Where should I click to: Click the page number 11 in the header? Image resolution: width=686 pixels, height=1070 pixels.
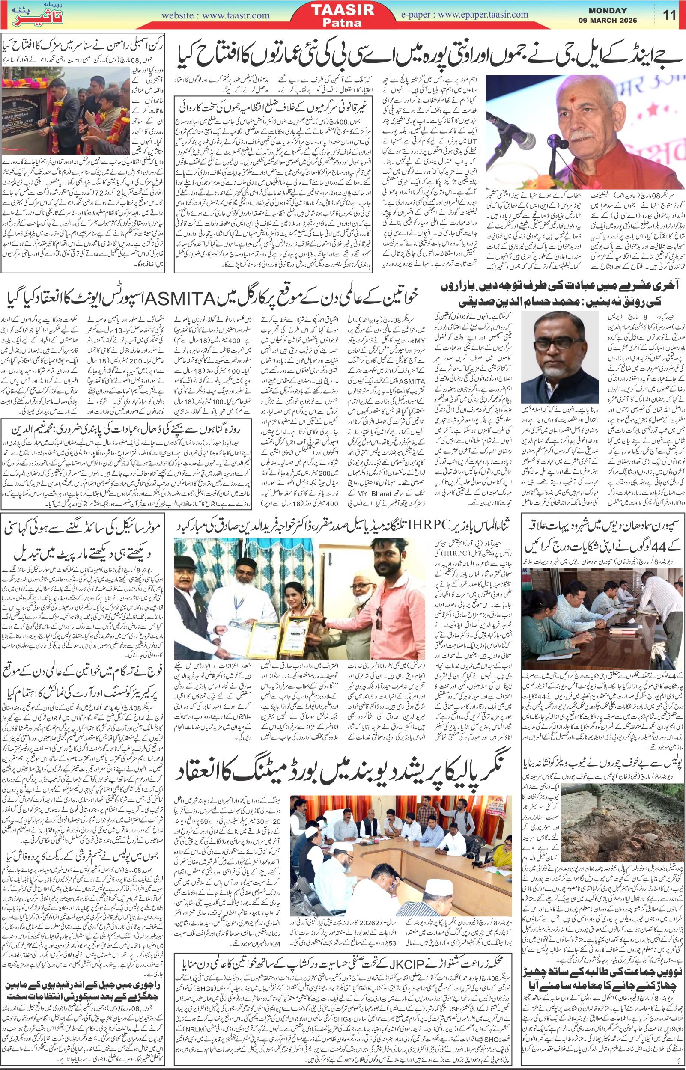click(x=670, y=15)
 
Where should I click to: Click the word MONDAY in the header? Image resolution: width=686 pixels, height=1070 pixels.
click(x=608, y=11)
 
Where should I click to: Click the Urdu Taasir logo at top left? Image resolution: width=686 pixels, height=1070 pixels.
click(x=31, y=15)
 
